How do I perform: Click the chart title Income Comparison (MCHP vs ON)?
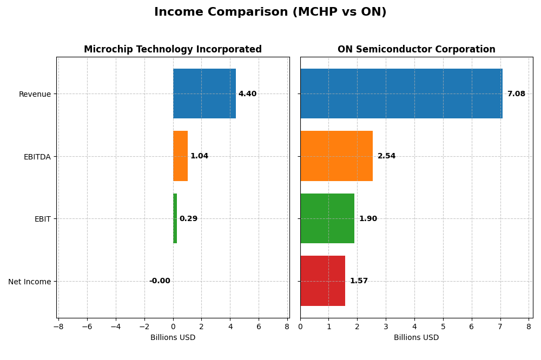pyautogui.click(x=270, y=12)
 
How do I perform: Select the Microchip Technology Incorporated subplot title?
pyautogui.click(x=173, y=49)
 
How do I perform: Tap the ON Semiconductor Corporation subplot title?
pyautogui.click(x=416, y=49)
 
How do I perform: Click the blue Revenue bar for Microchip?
pyautogui.click(x=204, y=94)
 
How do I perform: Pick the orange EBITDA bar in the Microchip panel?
pyautogui.click(x=180, y=156)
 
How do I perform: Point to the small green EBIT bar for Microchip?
pyautogui.click(x=175, y=218)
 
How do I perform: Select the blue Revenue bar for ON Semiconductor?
pyautogui.click(x=401, y=94)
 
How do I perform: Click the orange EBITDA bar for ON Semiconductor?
pyautogui.click(x=336, y=156)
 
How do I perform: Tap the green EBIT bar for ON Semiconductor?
pyautogui.click(x=327, y=218)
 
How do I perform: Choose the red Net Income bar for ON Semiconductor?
pyautogui.click(x=322, y=281)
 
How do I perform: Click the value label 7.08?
pyautogui.click(x=516, y=94)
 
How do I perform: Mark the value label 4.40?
pyautogui.click(x=247, y=94)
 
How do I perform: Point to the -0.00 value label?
pyautogui.click(x=160, y=281)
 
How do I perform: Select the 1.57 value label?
pyautogui.click(x=359, y=281)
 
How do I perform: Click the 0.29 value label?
pyautogui.click(x=188, y=219)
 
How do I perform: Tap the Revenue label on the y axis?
pyautogui.click(x=35, y=94)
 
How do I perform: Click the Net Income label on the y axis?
pyautogui.click(x=29, y=282)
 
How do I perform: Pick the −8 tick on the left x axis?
pyautogui.click(x=59, y=326)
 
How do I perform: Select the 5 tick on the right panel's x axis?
pyautogui.click(x=443, y=326)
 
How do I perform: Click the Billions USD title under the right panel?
pyautogui.click(x=416, y=338)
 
